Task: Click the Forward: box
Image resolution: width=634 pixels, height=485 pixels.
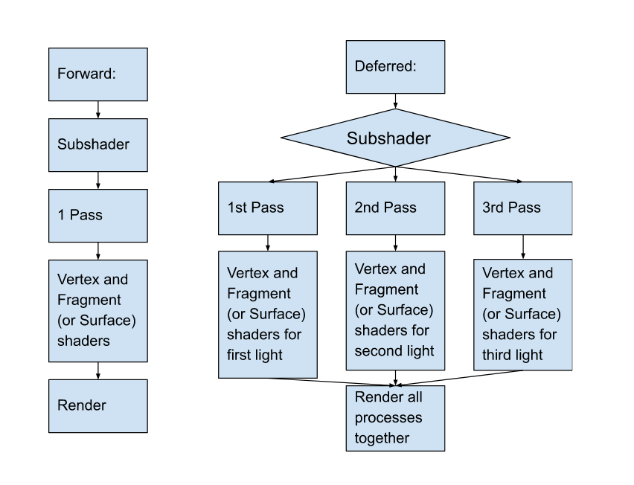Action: pyautogui.click(x=97, y=74)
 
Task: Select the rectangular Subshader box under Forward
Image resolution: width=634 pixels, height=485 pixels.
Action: pyautogui.click(x=97, y=144)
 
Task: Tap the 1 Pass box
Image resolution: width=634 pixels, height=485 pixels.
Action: pyautogui.click(x=97, y=215)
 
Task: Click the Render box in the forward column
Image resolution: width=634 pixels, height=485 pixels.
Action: pyautogui.click(x=97, y=405)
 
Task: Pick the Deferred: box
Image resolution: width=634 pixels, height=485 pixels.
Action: pyautogui.click(x=395, y=67)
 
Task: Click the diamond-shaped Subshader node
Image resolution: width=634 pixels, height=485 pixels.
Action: pyautogui.click(x=395, y=138)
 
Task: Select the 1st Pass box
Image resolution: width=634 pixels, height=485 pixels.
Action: pyautogui.click(x=267, y=208)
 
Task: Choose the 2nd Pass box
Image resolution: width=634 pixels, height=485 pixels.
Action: pyautogui.click(x=395, y=208)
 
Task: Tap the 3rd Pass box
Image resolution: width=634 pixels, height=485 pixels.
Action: pyautogui.click(x=523, y=208)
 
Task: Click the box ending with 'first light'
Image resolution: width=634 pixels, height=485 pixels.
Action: pyautogui.click(x=267, y=314)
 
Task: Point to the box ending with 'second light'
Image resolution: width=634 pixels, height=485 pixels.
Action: pyautogui.click(x=395, y=309)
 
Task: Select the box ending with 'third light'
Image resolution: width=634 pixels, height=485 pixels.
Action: pyautogui.click(x=523, y=314)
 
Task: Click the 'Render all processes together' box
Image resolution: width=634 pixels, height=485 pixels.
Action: pyautogui.click(x=395, y=417)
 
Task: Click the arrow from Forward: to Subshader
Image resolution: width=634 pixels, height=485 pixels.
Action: pyautogui.click(x=98, y=109)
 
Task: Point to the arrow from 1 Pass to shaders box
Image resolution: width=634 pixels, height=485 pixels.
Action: pyautogui.click(x=98, y=251)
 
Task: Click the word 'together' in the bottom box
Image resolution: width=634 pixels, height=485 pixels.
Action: pyautogui.click(x=382, y=438)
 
